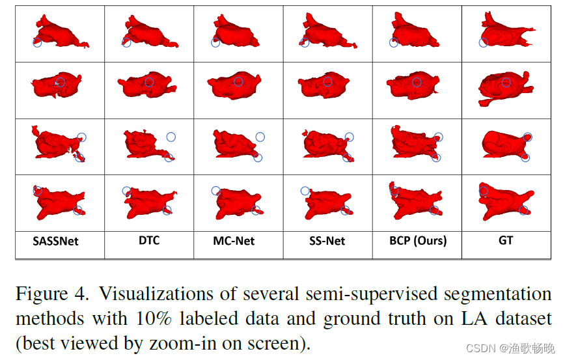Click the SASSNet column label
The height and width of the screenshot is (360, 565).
coord(55,241)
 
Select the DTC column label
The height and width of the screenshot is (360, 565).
coord(149,240)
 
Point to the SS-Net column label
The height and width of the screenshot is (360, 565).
coord(327,241)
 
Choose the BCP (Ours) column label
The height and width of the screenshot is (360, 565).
coord(418,241)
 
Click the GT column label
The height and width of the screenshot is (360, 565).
coord(506,240)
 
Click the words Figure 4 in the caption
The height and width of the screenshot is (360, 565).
coord(52,294)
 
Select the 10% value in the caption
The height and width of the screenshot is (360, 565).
coord(154,319)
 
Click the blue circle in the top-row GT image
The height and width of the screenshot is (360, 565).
coord(483,42)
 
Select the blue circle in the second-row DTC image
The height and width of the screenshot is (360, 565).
coord(149,83)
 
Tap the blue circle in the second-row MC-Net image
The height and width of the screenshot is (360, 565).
coord(238,81)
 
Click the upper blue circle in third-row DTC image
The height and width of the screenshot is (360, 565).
coord(171,137)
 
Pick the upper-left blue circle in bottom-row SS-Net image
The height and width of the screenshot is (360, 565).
coord(305,191)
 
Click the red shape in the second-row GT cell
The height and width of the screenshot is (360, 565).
coord(504,87)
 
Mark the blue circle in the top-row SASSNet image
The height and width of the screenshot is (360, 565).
coord(37,42)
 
